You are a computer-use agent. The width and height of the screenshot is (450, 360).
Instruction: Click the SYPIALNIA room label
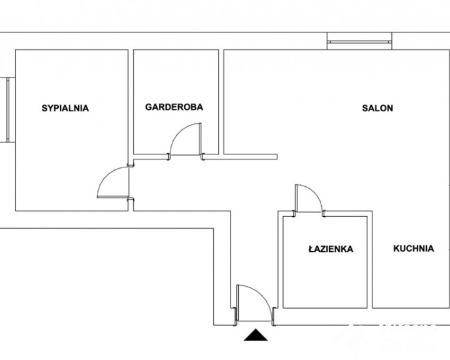pyautogui.click(x=65, y=108)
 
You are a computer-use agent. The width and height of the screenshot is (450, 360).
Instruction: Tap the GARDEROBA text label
pyautogui.click(x=174, y=107)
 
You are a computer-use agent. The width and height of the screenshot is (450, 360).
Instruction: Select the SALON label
pyautogui.click(x=377, y=108)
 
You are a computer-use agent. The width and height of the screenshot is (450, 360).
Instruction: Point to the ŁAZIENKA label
pyautogui.click(x=331, y=248)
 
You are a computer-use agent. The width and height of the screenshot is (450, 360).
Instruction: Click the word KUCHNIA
pyautogui.click(x=414, y=248)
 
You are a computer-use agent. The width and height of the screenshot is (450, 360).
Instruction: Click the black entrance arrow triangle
pyautogui.click(x=256, y=335)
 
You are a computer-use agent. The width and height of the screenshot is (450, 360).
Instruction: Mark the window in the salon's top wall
pyautogui.click(x=359, y=42)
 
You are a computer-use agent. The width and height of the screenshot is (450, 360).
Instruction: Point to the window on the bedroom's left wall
pyautogui.click(x=7, y=109)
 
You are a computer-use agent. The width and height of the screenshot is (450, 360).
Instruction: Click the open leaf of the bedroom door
pyautogui.click(x=112, y=197)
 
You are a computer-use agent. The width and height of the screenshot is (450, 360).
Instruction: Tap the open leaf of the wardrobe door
pyautogui.click(x=200, y=139)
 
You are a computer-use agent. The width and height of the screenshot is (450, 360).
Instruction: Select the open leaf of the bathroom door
pyautogui.click(x=296, y=198)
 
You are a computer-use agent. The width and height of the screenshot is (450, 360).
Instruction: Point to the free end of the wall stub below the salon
pyautogui.click(x=277, y=157)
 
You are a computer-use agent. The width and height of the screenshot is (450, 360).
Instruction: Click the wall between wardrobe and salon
pyautogui.click(x=221, y=102)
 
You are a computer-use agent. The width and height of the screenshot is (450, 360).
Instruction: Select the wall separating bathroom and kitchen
pyautogui.click(x=369, y=259)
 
